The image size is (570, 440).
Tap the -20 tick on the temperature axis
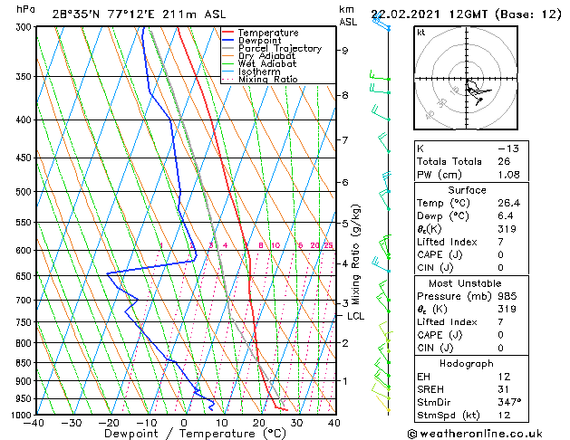[x=108, y=422]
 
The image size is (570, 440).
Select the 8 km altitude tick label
[x=344, y=95]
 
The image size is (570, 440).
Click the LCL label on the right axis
[x=355, y=316]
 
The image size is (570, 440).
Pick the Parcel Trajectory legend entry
[x=279, y=49]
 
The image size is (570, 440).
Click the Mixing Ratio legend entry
[x=268, y=80]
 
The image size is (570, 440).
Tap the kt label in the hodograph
[x=421, y=32]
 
